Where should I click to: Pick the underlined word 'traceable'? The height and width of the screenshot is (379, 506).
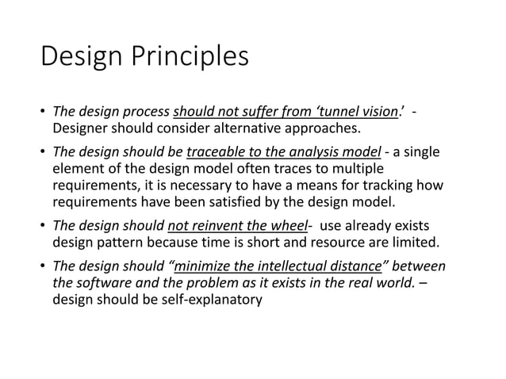point(214,152)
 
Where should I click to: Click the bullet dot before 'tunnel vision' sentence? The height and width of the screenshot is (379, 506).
point(43,111)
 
